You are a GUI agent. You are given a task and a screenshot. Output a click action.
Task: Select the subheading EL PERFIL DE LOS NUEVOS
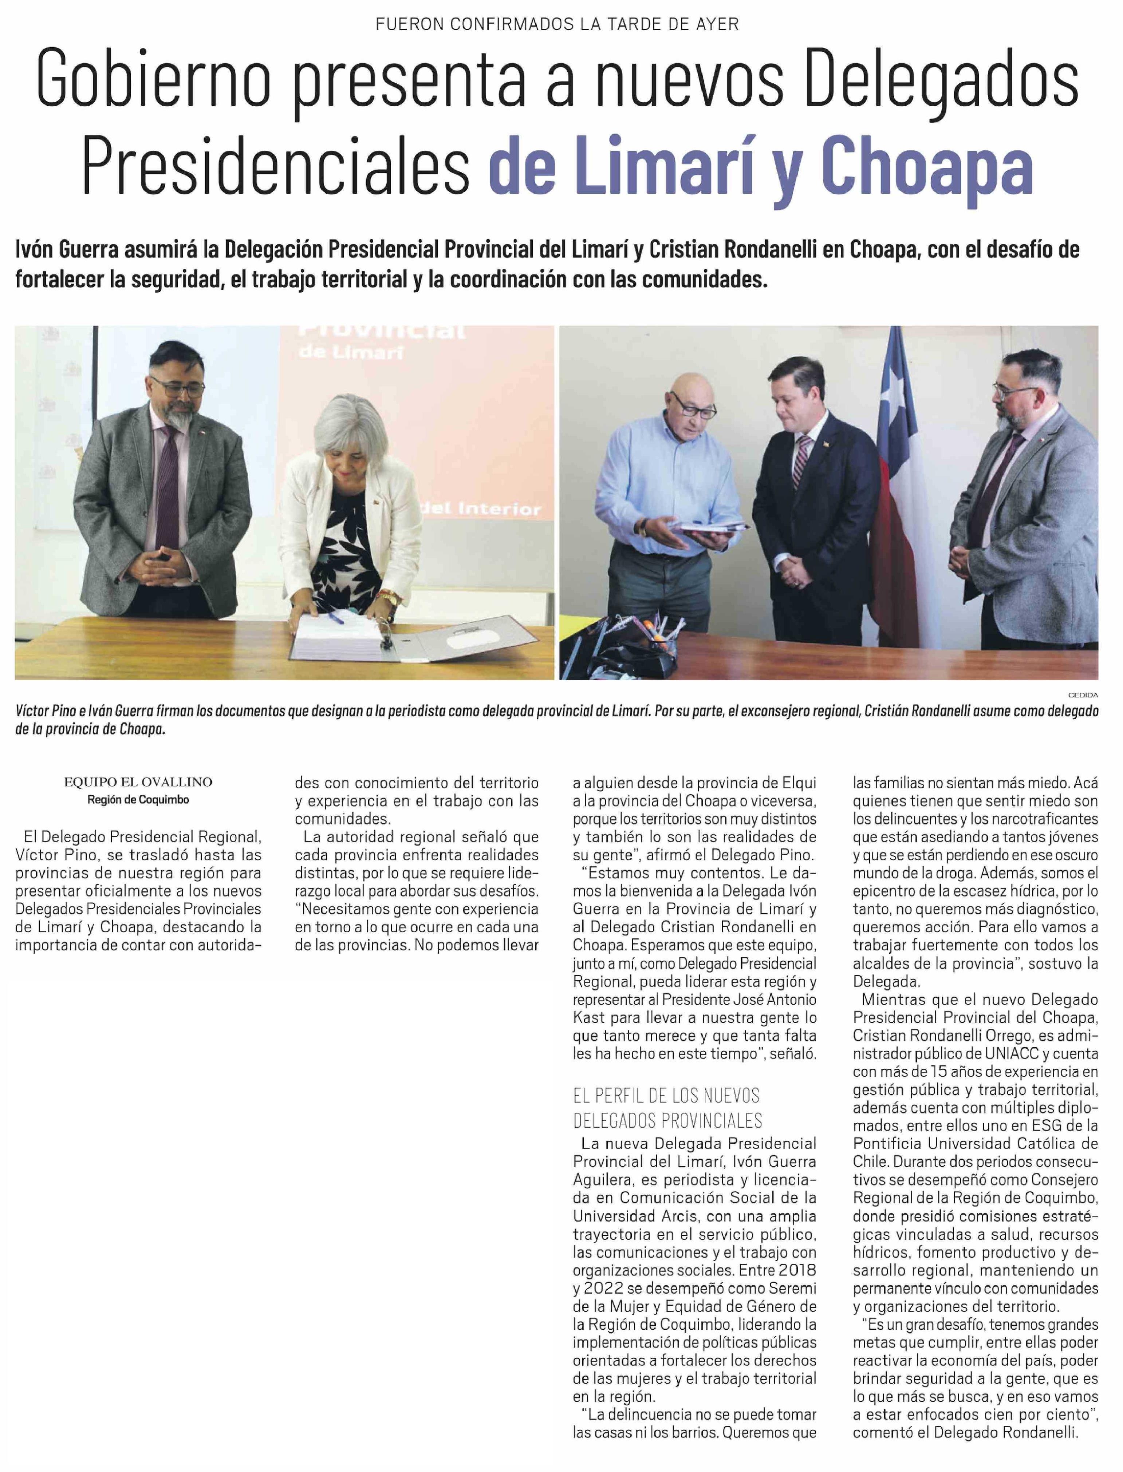coord(666,1096)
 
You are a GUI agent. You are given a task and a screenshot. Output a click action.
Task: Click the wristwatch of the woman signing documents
coord(386,597)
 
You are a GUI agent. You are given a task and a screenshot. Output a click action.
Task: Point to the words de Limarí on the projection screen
coord(351,352)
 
